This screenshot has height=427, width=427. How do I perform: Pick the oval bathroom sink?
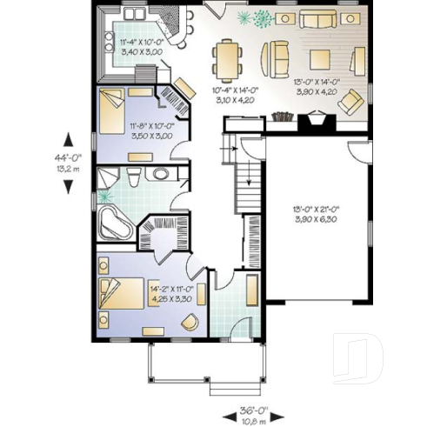(x=159, y=175)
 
